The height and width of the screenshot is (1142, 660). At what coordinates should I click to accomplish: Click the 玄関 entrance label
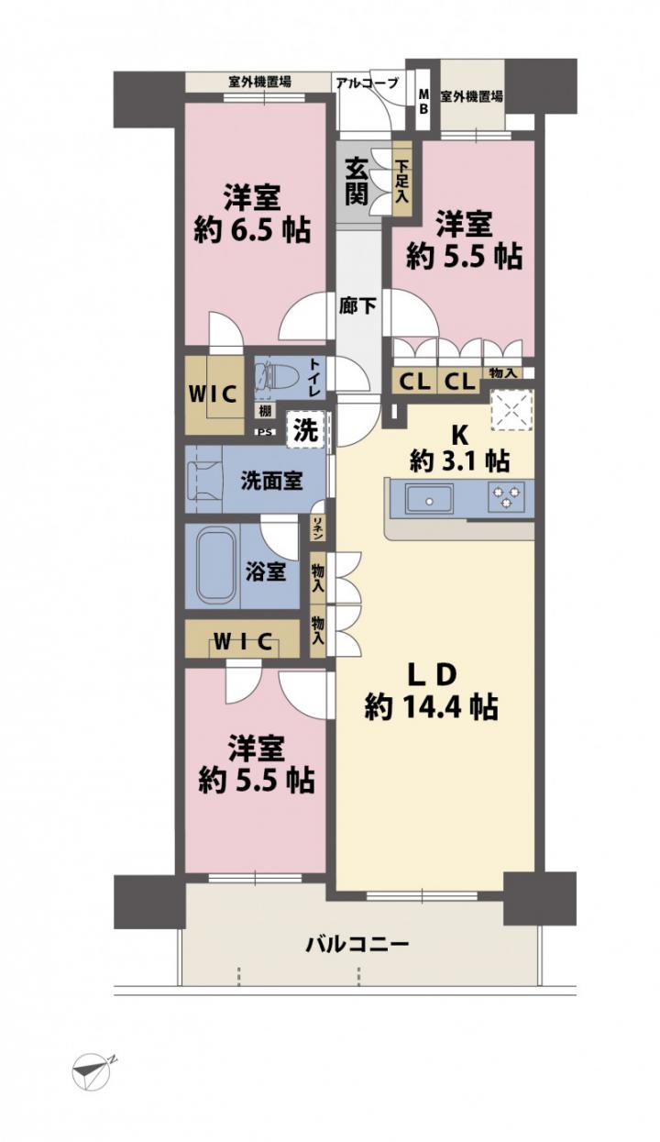click(357, 182)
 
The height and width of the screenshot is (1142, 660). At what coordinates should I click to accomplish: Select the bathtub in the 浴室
click(216, 566)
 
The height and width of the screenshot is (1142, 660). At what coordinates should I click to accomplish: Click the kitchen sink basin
click(429, 499)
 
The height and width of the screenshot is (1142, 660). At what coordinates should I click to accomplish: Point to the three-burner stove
click(506, 496)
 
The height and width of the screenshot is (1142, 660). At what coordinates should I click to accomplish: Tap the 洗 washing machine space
click(307, 430)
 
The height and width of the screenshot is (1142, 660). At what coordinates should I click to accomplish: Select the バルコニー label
click(357, 944)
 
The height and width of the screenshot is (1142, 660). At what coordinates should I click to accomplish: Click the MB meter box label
click(423, 102)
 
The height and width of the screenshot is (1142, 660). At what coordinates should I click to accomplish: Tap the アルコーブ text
click(367, 83)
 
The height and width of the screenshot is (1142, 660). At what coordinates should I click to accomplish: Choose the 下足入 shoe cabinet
click(402, 182)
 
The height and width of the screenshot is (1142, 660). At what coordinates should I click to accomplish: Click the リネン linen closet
click(317, 528)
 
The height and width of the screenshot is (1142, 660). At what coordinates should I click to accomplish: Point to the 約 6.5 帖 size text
click(252, 230)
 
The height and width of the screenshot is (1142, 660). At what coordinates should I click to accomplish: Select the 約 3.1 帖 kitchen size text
click(458, 461)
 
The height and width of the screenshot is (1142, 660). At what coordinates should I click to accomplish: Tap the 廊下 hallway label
click(357, 305)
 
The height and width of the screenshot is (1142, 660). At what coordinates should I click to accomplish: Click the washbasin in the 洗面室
click(205, 481)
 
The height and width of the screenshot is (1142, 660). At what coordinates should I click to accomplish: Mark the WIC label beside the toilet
click(213, 394)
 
